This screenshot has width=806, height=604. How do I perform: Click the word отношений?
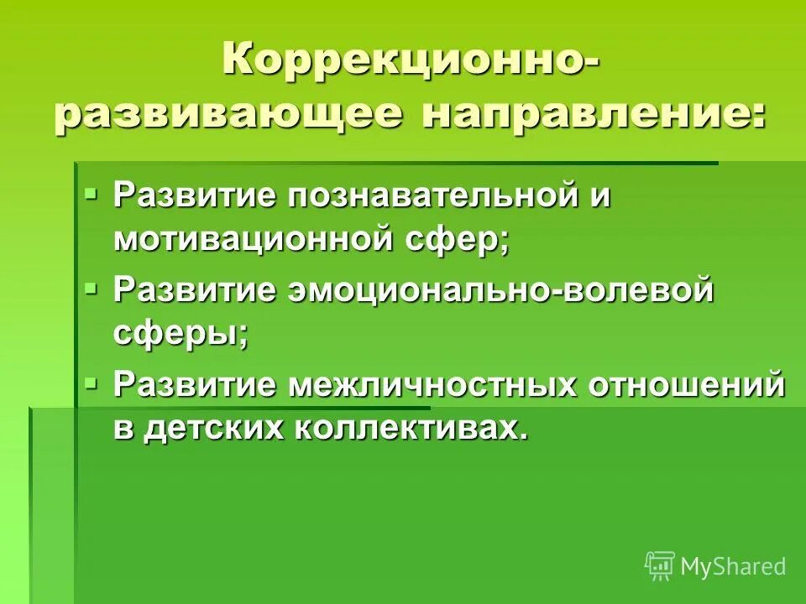686,384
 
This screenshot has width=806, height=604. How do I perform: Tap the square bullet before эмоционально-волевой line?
92,290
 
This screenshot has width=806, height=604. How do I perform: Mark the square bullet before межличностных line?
92,383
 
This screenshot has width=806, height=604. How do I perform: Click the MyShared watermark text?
733,566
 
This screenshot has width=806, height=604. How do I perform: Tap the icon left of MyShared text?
660,565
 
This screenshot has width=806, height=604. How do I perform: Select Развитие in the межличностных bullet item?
196,384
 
